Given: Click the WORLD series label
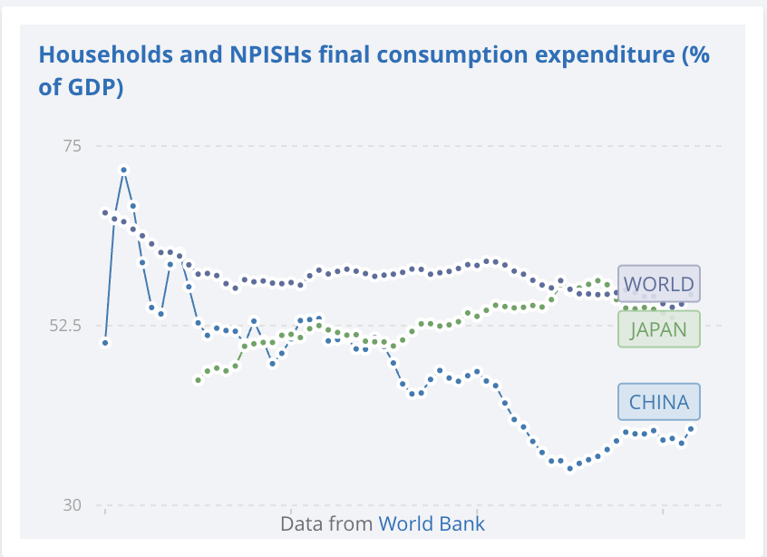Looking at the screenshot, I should click(658, 284).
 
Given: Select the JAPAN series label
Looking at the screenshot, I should click(658, 328).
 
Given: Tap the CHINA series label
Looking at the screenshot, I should click(658, 402).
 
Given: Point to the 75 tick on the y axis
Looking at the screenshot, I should click(71, 146).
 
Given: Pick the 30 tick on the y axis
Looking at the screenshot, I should click(71, 505).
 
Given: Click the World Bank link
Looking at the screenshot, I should click(432, 523).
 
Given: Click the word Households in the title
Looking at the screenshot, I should click(101, 54).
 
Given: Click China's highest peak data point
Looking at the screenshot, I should click(123, 170).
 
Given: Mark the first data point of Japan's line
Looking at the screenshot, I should click(198, 380).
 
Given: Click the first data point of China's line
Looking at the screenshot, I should click(105, 343).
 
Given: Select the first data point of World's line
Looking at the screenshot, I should click(105, 212).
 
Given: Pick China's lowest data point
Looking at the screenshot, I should click(570, 468).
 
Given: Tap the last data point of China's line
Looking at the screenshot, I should click(691, 428).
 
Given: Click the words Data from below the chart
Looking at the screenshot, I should click(326, 523).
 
